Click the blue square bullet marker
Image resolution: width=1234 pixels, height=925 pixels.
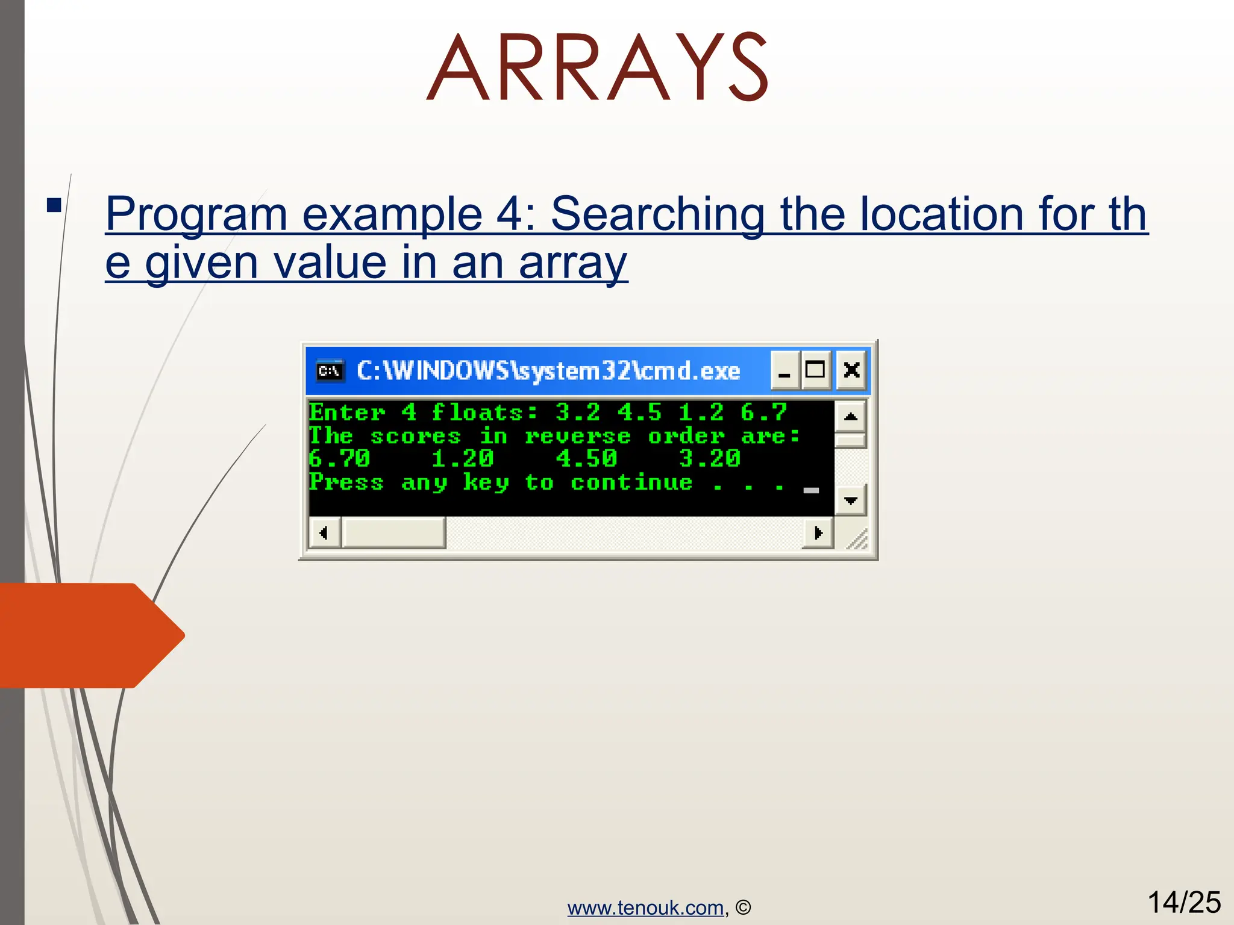coord(54,205)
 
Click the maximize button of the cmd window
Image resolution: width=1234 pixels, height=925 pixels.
coord(815,370)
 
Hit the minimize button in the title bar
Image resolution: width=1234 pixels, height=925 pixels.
coord(785,370)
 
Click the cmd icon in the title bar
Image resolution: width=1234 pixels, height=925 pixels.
coord(330,370)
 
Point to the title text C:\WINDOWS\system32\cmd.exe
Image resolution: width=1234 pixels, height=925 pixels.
coord(548,370)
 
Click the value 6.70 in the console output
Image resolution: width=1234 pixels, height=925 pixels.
coord(339,459)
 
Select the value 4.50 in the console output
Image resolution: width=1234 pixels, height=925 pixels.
coord(586,459)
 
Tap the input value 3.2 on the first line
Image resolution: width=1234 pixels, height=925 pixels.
coord(577,413)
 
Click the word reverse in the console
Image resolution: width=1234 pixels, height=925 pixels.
coord(577,436)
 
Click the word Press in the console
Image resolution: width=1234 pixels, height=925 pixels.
coord(346,482)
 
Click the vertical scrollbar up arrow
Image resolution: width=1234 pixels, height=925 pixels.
coord(850,416)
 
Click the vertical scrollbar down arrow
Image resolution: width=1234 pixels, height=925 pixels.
coord(850,500)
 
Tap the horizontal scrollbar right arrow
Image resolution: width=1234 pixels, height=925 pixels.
coord(818,533)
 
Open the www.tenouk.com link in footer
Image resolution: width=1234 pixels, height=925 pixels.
coord(645,908)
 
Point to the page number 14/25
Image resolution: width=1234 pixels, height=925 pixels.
coord(1183,902)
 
